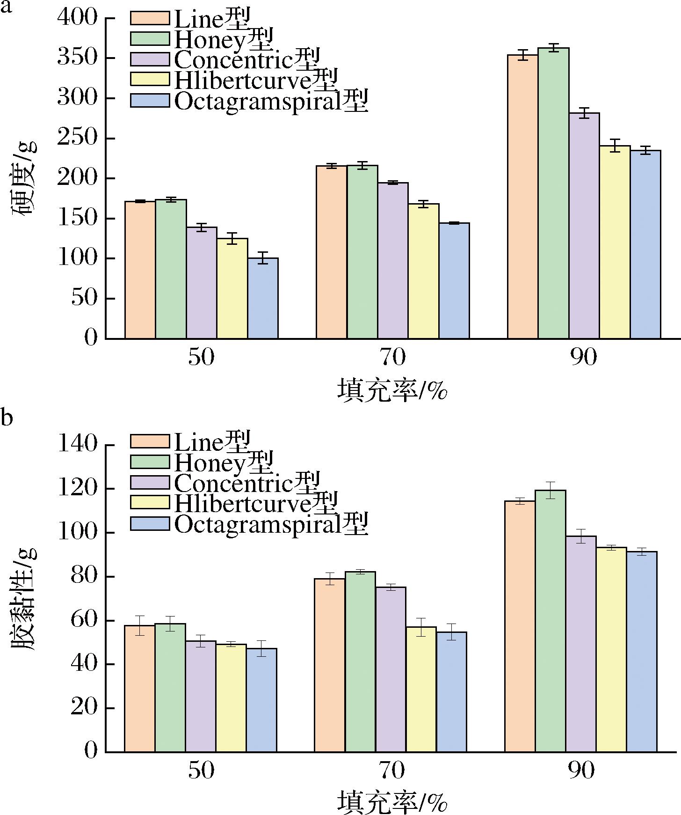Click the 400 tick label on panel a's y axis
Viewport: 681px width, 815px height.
[x=77, y=18]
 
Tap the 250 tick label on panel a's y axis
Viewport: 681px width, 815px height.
[x=77, y=139]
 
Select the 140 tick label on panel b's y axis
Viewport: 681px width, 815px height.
[x=77, y=445]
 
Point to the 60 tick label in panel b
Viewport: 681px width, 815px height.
[x=84, y=621]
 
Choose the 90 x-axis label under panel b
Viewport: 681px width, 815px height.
[x=583, y=771]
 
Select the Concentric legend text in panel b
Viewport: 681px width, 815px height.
[x=247, y=482]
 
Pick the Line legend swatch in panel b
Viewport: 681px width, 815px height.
[x=150, y=441]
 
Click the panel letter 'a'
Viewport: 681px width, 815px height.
[x=6, y=8]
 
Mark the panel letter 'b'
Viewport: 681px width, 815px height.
[x=6, y=417]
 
